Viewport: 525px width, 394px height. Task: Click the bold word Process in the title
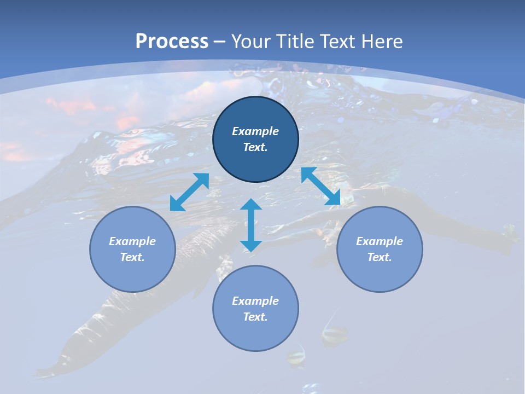[172, 42]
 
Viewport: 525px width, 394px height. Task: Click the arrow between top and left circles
[189, 192]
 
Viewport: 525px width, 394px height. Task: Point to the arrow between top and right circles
[320, 186]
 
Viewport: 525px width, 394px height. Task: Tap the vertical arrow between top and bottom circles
[251, 225]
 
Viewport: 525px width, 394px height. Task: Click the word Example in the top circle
[255, 131]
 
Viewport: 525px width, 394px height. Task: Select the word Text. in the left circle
[132, 257]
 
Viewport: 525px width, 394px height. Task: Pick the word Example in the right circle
[380, 241]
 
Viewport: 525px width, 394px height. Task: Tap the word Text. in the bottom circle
[255, 317]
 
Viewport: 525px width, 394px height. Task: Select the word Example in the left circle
[132, 241]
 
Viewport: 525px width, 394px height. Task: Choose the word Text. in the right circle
[380, 257]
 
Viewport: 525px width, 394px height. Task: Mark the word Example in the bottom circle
[255, 301]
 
